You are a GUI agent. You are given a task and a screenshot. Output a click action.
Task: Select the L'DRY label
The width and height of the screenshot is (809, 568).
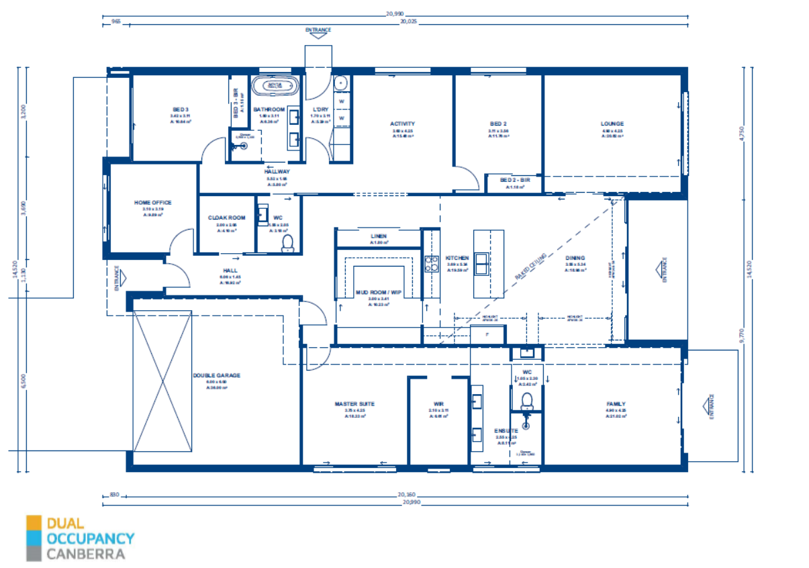(x=320, y=109)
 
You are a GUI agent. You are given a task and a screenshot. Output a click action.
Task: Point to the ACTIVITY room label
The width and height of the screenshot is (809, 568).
(x=403, y=124)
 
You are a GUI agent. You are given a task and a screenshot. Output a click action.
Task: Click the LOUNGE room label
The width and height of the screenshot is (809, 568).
(x=612, y=124)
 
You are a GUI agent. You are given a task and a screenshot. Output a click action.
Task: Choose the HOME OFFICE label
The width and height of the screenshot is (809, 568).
(x=152, y=202)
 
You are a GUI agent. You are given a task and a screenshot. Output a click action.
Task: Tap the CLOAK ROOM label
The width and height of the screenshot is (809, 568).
(x=226, y=218)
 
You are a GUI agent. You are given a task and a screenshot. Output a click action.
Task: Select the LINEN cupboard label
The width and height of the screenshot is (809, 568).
(x=379, y=236)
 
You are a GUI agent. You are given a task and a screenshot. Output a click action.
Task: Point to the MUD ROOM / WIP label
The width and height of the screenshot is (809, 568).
(x=378, y=292)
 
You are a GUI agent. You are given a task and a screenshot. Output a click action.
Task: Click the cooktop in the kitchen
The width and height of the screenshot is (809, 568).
(x=430, y=263)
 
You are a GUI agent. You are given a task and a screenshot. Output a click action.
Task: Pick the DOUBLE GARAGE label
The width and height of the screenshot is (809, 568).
(x=216, y=375)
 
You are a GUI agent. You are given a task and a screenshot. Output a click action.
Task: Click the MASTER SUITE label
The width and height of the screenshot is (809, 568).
(x=354, y=404)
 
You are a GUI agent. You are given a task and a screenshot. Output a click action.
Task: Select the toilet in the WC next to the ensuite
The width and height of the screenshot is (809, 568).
(x=528, y=401)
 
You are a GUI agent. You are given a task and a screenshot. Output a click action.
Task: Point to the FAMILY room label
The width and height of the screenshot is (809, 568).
(x=616, y=404)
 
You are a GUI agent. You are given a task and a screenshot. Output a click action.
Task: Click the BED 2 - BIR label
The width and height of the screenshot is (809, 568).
(x=515, y=180)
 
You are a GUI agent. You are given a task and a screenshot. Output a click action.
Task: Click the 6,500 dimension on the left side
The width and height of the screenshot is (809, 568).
(x=24, y=381)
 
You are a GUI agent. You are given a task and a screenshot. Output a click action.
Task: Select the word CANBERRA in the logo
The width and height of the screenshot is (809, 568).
(x=85, y=555)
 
